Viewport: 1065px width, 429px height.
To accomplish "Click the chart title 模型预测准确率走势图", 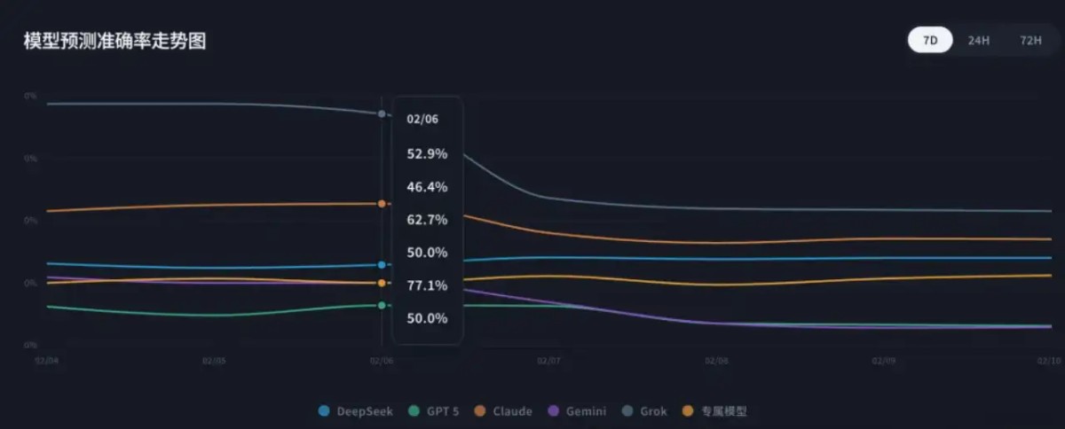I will [x=114, y=41].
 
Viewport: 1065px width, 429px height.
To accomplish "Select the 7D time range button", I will [x=930, y=41].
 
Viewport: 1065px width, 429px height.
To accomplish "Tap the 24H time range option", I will [x=979, y=41].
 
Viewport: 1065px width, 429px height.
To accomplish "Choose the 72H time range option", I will [x=1030, y=41].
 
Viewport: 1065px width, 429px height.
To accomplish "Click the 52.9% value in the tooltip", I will [x=427, y=154].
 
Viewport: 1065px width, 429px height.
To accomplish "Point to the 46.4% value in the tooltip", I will [x=427, y=187].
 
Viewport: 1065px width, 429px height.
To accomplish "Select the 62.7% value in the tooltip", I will [x=427, y=220].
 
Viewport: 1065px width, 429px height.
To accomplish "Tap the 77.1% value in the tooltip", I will [x=427, y=285].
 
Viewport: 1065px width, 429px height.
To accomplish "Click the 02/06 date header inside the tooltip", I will [x=422, y=119].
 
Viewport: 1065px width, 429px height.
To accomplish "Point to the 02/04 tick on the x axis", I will [x=47, y=361].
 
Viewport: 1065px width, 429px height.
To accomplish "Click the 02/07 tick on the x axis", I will [x=549, y=361].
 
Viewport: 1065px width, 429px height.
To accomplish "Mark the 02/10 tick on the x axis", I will [x=1050, y=361].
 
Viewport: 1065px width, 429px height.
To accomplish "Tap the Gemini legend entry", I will [x=578, y=411].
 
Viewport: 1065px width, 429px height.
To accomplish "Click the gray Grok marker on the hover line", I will [x=382, y=114].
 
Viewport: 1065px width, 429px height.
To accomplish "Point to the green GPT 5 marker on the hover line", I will [x=382, y=305].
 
